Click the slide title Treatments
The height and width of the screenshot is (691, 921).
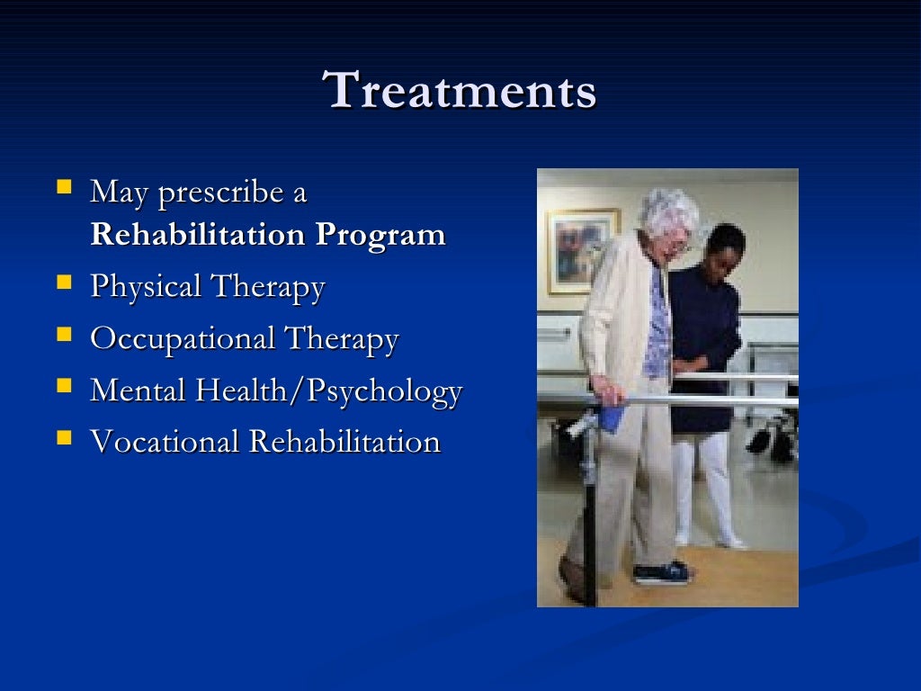coord(460,92)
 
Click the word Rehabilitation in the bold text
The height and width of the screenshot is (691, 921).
coord(198,235)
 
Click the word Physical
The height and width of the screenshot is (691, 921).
coord(146,288)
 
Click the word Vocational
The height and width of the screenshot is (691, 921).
coord(165,442)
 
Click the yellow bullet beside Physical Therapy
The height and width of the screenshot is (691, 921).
coord(64,284)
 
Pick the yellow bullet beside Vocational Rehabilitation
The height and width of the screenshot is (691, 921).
coord(64,438)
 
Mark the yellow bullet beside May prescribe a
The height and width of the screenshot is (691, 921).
coord(64,189)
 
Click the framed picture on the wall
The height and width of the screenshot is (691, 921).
coord(583,249)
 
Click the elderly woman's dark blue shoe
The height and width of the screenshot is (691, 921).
coord(661,573)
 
